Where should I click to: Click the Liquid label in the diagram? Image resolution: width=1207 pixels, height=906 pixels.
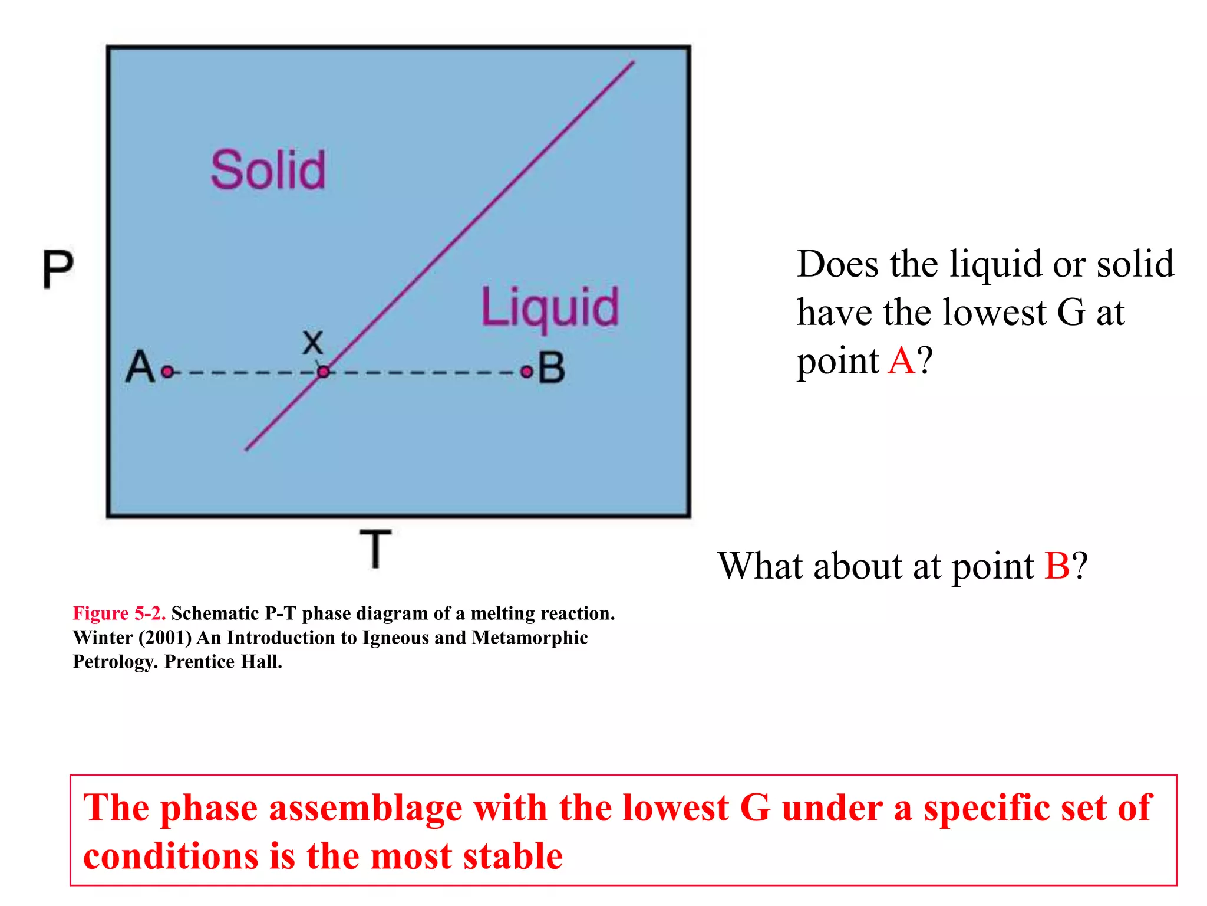click(x=550, y=308)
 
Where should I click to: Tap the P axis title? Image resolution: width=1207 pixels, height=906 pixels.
click(x=58, y=269)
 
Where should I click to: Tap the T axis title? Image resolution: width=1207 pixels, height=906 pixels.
click(x=375, y=549)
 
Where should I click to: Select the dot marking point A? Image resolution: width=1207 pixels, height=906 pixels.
click(x=168, y=372)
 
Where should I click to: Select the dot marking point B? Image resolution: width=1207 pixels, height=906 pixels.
click(x=526, y=372)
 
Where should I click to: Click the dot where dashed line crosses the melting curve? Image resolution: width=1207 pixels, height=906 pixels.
click(x=324, y=372)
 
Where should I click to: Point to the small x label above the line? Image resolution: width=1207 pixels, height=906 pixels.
click(x=313, y=342)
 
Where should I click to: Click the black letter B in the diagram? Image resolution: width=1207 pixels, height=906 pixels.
click(x=552, y=368)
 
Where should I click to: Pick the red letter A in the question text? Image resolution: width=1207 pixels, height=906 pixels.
click(x=902, y=360)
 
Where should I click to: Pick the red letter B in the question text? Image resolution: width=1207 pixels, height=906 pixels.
click(x=1057, y=566)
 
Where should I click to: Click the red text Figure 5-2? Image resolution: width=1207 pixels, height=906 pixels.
click(x=119, y=613)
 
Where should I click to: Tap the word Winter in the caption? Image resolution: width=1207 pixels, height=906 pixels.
click(x=103, y=638)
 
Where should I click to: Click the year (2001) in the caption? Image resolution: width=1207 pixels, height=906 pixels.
click(x=165, y=638)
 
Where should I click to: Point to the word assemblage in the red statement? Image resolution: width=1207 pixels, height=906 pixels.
click(x=365, y=808)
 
